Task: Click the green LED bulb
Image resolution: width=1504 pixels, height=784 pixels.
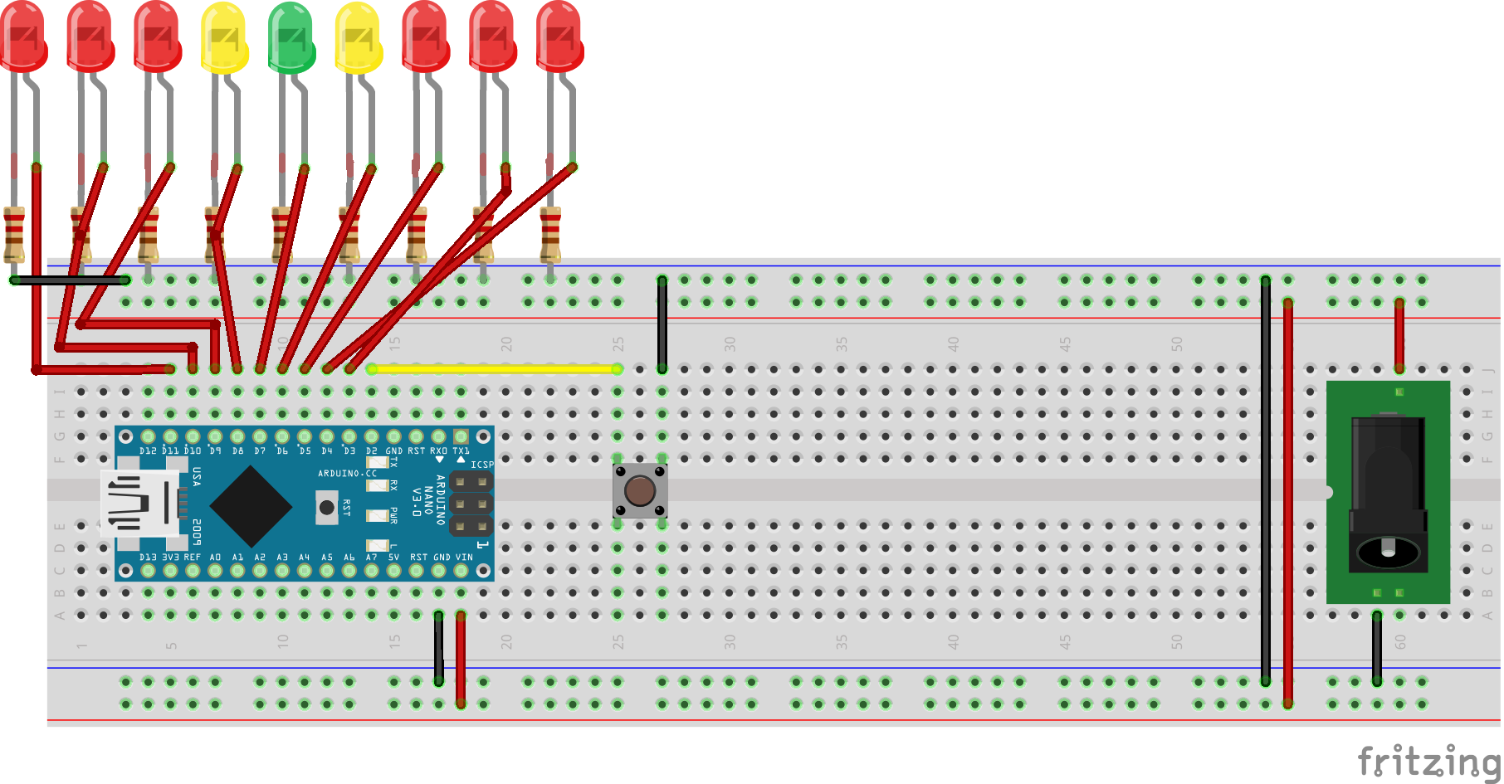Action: point(291,37)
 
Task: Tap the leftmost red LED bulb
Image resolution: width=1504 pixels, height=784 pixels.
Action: point(23,37)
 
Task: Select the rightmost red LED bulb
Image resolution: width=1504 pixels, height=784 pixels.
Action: point(559,37)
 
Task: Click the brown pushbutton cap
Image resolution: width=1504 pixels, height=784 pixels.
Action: point(640,490)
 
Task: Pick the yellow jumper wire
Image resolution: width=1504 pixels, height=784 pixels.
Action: point(494,368)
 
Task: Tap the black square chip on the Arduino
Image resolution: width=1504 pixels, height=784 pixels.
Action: point(250,506)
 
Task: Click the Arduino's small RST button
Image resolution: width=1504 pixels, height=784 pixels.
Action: point(327,507)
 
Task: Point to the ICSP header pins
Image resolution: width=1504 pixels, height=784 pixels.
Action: point(471,504)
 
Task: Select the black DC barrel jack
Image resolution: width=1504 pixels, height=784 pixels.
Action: point(1388,494)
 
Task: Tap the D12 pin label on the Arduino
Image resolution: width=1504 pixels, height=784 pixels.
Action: point(148,450)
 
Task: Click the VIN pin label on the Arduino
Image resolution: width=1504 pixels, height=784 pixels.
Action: point(464,558)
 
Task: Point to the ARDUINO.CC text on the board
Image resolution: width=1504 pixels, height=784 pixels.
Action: point(347,474)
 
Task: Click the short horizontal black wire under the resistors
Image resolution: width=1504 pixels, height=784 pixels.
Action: point(71,280)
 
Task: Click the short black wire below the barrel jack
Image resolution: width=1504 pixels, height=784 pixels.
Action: point(1377,648)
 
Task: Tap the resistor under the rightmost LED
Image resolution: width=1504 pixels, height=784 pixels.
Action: point(550,235)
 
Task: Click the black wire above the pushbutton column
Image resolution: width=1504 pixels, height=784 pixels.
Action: point(662,324)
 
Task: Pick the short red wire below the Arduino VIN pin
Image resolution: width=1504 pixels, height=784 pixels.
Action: point(461,659)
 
